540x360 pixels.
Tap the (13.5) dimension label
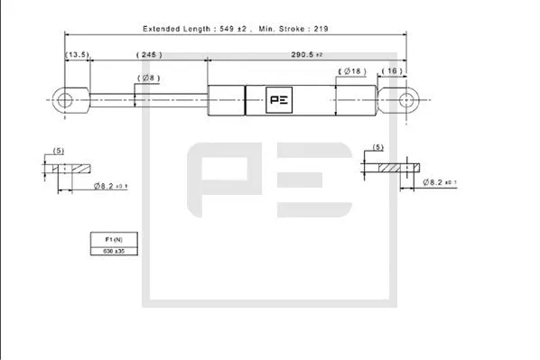[77, 56]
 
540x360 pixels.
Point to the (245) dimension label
[148, 56]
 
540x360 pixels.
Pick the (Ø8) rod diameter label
[148, 78]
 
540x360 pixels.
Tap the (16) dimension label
[392, 70]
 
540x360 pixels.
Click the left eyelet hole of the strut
[66, 98]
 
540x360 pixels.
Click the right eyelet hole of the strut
[405, 98]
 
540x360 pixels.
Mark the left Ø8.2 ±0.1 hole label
[109, 186]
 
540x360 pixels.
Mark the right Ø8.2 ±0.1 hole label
[439, 182]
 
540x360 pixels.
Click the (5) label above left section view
[59, 150]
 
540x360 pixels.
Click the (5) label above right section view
[377, 146]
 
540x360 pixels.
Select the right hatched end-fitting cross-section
[397, 166]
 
